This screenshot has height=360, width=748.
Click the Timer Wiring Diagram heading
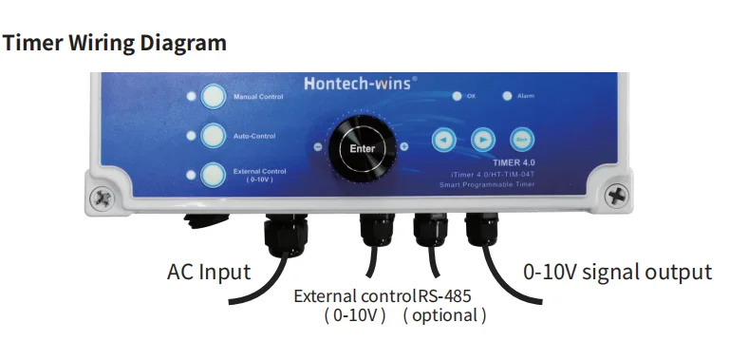click(x=115, y=43)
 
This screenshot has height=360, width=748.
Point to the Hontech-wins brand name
click(x=360, y=83)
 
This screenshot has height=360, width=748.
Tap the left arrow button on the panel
click(x=442, y=140)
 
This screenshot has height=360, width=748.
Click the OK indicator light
click(x=458, y=96)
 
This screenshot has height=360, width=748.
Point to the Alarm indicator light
click(x=507, y=96)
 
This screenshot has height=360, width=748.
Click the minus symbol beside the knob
click(x=318, y=147)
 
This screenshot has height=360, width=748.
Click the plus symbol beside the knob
click(x=404, y=147)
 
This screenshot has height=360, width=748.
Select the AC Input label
click(x=209, y=273)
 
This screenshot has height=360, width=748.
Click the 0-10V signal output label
click(x=617, y=273)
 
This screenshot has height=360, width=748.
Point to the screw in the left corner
click(x=101, y=198)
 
